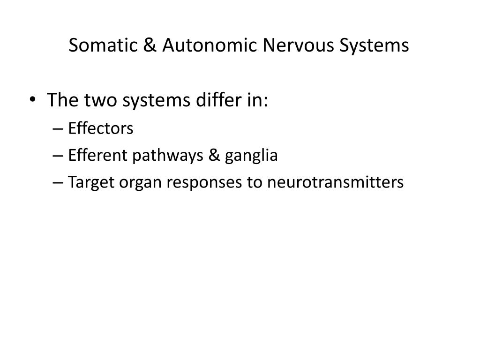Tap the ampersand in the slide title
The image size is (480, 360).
pyautogui.click(x=150, y=45)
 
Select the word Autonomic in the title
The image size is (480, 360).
pyautogui.click(x=210, y=45)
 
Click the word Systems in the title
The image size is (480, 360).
pyautogui.click(x=374, y=46)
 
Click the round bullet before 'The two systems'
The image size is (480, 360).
pyautogui.click(x=33, y=99)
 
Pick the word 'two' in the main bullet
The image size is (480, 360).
pyautogui.click(x=101, y=100)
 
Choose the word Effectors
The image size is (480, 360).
pyautogui.click(x=101, y=128)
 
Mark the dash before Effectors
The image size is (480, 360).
pyautogui.click(x=58, y=129)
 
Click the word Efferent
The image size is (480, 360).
pyautogui.click(x=97, y=155)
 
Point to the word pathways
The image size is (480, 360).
pyautogui.click(x=168, y=156)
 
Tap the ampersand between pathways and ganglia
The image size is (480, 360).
pyautogui.click(x=214, y=155)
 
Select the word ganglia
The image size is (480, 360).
pyautogui.click(x=251, y=156)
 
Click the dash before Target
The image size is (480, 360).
pyautogui.click(x=58, y=183)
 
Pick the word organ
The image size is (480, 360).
pyautogui.click(x=140, y=183)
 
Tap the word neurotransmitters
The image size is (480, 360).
pyautogui.click(x=336, y=182)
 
